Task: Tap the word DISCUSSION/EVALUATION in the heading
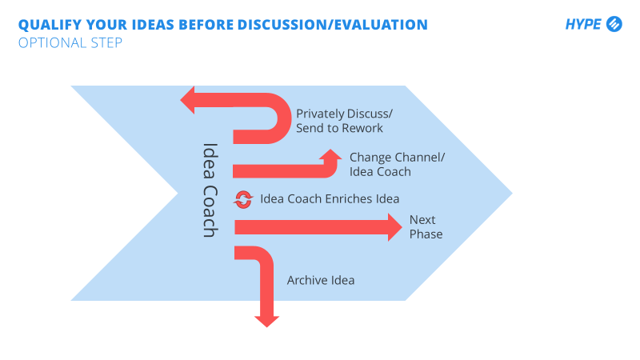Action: point(333,25)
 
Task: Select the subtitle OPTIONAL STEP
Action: point(70,43)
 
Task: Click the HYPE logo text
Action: point(583,24)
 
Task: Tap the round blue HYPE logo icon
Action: point(614,24)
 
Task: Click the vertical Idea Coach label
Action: point(210,190)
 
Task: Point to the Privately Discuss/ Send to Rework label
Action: point(344,121)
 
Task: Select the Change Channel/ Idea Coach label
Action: point(397,165)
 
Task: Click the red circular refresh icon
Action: point(243,199)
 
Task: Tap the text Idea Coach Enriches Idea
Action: point(330,198)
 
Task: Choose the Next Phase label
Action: point(426,227)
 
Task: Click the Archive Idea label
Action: point(321,281)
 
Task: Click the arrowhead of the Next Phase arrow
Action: point(394,227)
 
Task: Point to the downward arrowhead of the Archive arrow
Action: point(267,322)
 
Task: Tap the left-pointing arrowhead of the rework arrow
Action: point(187,100)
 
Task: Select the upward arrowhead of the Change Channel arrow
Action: point(330,154)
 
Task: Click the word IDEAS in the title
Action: point(153,25)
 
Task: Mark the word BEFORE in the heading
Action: point(206,25)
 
